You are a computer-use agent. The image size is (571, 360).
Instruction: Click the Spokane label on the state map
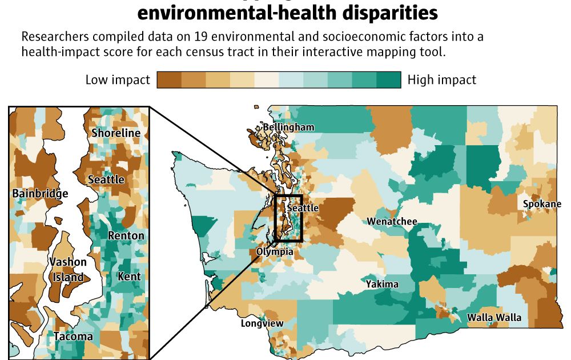(x=542, y=204)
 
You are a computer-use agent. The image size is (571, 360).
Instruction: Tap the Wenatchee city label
(x=392, y=221)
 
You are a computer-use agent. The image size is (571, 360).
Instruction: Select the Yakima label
(x=382, y=284)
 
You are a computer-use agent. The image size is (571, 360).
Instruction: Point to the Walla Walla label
(x=494, y=317)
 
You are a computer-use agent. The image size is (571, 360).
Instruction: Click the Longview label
(x=262, y=323)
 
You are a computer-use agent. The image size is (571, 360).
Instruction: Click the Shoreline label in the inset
(x=116, y=133)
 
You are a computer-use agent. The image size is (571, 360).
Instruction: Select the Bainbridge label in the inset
(x=40, y=193)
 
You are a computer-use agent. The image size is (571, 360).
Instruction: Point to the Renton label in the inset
(x=126, y=235)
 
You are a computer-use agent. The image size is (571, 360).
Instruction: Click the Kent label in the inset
(x=128, y=277)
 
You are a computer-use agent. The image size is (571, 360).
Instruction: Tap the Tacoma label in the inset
(x=73, y=337)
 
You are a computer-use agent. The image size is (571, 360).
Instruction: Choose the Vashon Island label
(x=67, y=270)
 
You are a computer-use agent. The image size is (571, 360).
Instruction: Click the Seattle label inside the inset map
(x=106, y=179)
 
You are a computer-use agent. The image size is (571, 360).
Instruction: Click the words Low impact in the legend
(x=118, y=80)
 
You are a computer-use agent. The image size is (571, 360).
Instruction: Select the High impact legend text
(x=441, y=80)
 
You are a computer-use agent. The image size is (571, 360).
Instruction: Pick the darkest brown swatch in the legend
(x=168, y=80)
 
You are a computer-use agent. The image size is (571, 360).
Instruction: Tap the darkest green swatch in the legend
(x=389, y=80)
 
